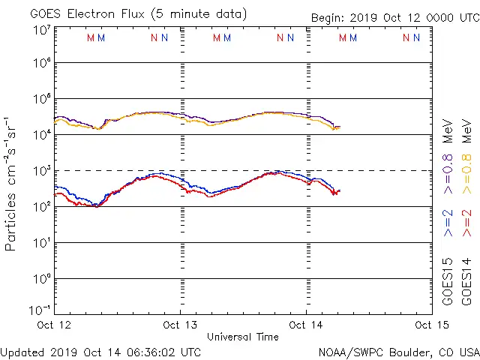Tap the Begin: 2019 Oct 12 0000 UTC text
coord(394,19)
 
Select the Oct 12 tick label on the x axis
coord(53,325)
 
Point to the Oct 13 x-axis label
coord(180,325)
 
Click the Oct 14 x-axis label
coord(306,325)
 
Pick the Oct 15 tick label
coord(432,325)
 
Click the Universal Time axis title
coord(243,337)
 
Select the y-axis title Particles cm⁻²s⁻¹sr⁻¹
coord(10,184)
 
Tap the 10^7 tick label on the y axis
coord(41,29)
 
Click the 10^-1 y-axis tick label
coord(41,308)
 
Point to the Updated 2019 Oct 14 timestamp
coord(100,352)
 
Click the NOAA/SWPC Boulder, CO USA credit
coord(398,352)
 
